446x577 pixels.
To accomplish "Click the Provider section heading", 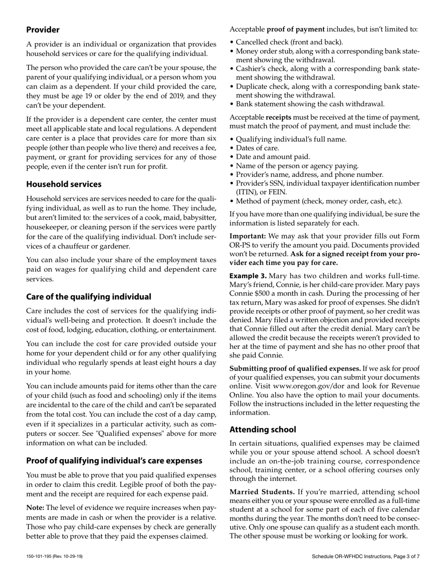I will point(43,30).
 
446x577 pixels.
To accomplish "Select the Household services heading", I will point(63,184).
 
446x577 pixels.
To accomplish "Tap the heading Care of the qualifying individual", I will point(88,297).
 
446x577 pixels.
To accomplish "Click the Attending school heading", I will point(262,430).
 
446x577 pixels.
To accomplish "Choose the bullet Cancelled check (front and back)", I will point(289,42).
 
